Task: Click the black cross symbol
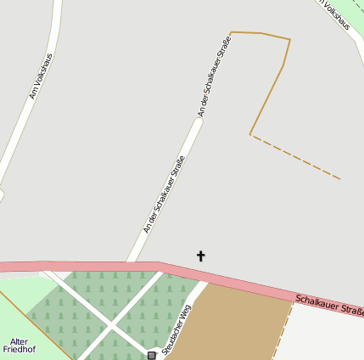tap(201, 256)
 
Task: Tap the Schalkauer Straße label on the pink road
tap(329, 306)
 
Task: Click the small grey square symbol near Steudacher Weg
tap(152, 355)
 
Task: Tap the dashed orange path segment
tap(297, 158)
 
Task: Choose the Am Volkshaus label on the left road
tap(40, 76)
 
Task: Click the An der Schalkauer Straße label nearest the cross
tap(164, 194)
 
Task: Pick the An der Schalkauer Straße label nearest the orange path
tap(214, 76)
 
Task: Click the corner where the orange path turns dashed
tap(250, 134)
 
